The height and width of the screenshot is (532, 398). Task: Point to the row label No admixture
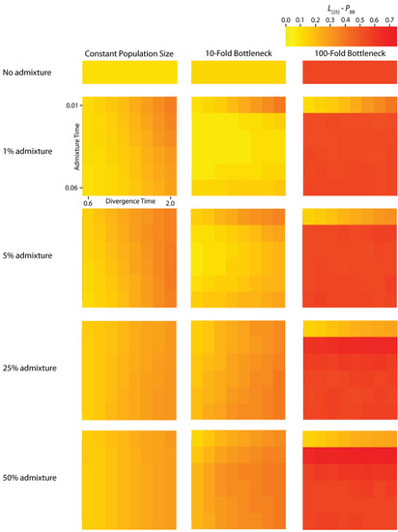point(28,73)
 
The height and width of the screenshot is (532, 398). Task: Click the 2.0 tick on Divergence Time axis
point(170,202)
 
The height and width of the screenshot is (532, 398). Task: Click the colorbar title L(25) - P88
point(340,7)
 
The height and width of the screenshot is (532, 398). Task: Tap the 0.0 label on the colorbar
point(286,18)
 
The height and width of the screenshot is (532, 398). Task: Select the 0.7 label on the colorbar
point(389,18)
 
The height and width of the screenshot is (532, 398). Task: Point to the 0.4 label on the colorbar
point(345,18)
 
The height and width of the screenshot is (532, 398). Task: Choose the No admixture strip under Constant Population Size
point(129,74)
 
